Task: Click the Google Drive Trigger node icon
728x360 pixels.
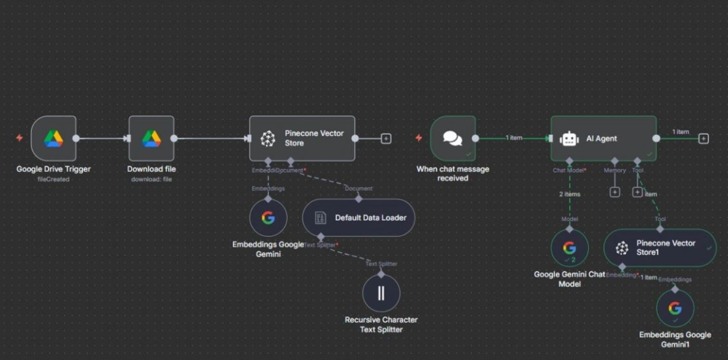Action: [x=54, y=138]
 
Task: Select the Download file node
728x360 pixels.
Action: [x=151, y=138]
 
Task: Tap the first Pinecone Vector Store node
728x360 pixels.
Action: [x=302, y=138]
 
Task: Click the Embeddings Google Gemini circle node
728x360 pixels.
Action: [x=268, y=218]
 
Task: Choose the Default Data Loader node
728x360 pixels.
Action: [x=358, y=218]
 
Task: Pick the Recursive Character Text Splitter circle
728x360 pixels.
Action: [x=381, y=293]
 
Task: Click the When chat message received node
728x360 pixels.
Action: [x=453, y=138]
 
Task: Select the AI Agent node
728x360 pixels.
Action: [x=603, y=138]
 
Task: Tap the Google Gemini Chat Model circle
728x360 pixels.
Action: [x=570, y=248]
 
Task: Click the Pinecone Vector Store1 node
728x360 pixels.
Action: [x=660, y=248]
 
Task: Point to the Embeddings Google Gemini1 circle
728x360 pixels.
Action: [x=675, y=308]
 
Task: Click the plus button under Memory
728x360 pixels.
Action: [x=615, y=192]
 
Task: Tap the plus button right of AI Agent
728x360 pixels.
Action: [x=703, y=138]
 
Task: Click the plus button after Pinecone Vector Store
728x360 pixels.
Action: [x=386, y=138]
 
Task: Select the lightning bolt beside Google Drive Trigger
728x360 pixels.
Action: [x=19, y=138]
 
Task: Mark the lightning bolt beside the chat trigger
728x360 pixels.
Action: [x=418, y=138]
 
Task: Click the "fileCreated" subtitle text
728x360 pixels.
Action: [x=54, y=179]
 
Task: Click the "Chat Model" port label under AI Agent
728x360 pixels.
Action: [x=567, y=170]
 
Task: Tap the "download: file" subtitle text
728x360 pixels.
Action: [x=151, y=179]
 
